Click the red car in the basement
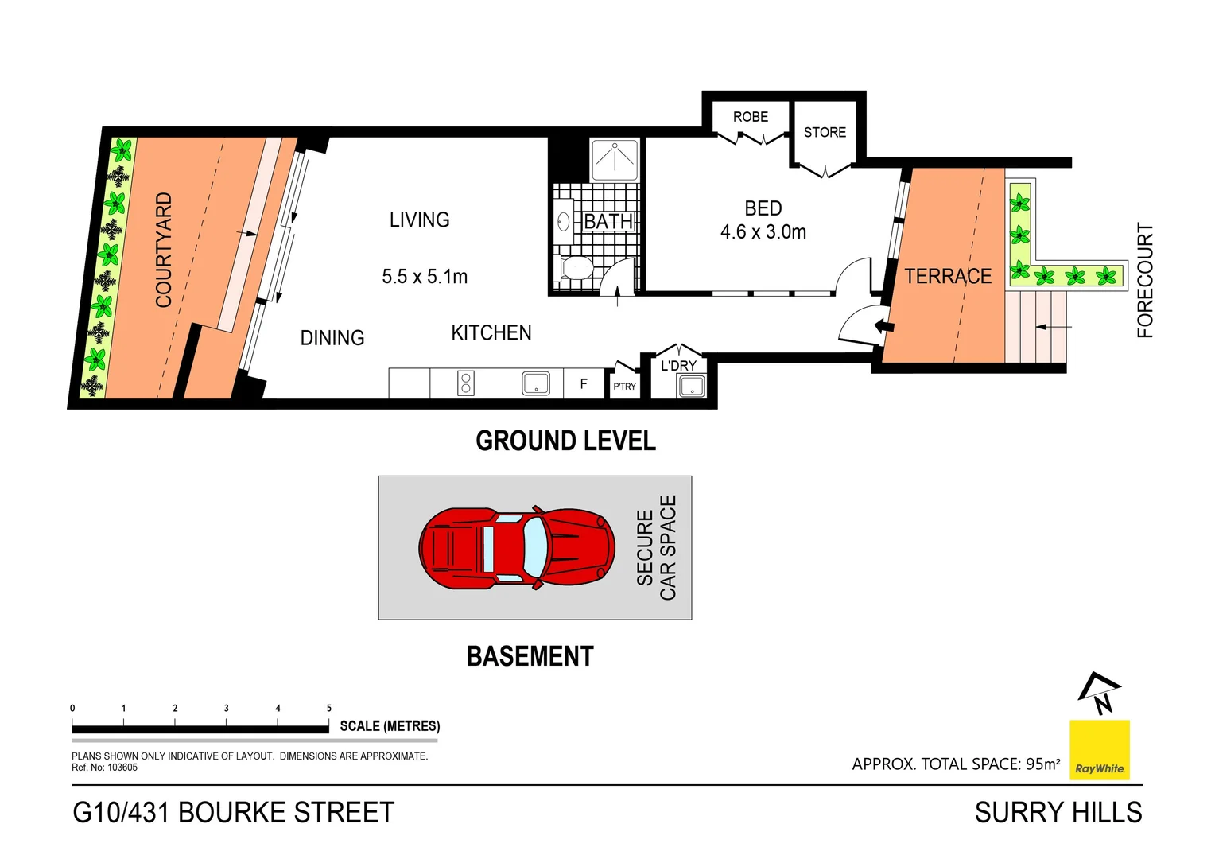(x=517, y=548)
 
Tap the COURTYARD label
(x=164, y=250)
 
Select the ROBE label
(x=750, y=117)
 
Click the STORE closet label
(x=825, y=133)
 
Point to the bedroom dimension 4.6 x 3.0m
(x=763, y=232)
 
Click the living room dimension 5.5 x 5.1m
(x=425, y=277)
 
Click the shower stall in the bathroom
(x=615, y=159)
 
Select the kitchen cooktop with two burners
(x=466, y=383)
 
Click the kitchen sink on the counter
(x=536, y=383)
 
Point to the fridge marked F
(x=584, y=384)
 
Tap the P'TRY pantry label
(x=624, y=387)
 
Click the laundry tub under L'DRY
(x=691, y=387)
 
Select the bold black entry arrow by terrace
(x=883, y=325)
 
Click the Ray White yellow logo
(x=1099, y=749)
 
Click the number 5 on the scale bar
(x=329, y=708)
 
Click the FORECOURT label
(x=1145, y=280)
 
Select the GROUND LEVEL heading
(x=565, y=441)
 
